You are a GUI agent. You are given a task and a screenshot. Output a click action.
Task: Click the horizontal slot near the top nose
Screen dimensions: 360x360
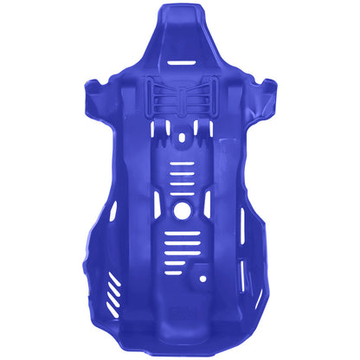click(x=181, y=63)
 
